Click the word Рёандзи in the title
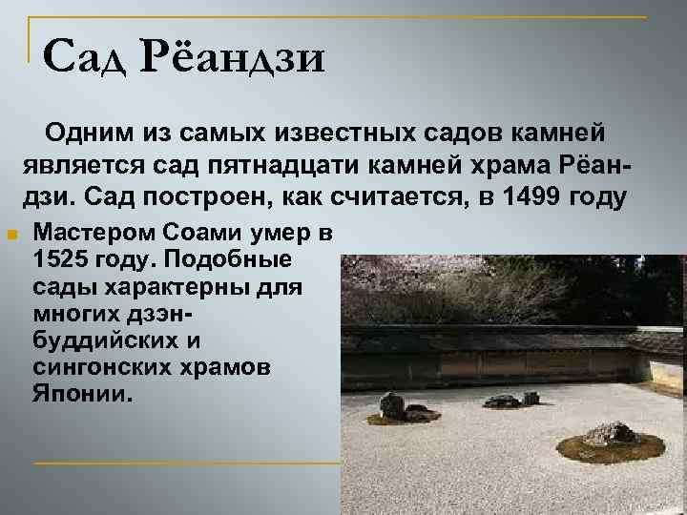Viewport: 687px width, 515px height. coord(236,58)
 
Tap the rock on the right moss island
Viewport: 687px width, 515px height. coord(610,434)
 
